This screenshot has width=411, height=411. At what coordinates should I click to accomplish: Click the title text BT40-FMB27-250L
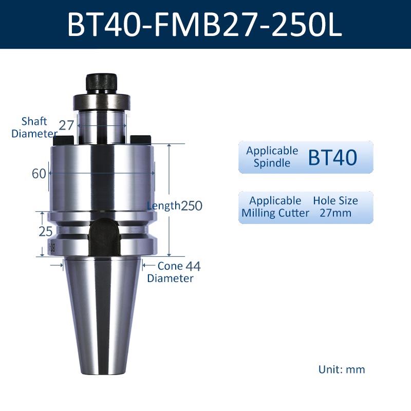[x=204, y=25]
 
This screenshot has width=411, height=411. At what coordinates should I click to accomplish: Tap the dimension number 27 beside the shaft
[x=66, y=125]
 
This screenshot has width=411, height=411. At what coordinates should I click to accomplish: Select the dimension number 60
[x=39, y=174]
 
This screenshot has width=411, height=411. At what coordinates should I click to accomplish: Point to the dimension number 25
[x=46, y=232]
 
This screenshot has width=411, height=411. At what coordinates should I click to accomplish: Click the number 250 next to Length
[x=192, y=206]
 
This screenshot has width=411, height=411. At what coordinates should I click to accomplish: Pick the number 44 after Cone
[x=193, y=266]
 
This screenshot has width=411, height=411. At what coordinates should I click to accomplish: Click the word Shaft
[x=34, y=121]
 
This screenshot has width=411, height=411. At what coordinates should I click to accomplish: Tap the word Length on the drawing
[x=163, y=206]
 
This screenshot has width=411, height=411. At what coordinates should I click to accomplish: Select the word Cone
[x=171, y=266]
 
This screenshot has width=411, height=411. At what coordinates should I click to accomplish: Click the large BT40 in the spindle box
[x=332, y=157]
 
